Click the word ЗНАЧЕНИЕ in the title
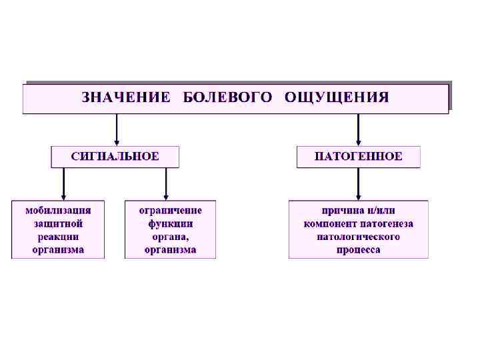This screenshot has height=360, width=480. click(x=125, y=97)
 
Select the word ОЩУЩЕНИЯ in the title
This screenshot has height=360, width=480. click(x=337, y=97)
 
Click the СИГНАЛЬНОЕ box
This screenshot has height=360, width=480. click(x=115, y=157)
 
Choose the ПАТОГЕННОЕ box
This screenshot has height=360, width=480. click(x=359, y=157)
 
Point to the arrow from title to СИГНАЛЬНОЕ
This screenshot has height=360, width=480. click(x=117, y=129)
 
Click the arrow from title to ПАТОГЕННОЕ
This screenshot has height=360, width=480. click(x=359, y=129)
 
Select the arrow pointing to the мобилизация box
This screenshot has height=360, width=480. click(x=63, y=183)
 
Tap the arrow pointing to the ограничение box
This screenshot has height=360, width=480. click(x=166, y=183)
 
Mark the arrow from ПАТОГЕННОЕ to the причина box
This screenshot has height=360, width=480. click(x=359, y=183)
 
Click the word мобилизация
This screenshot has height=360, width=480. click(x=59, y=209)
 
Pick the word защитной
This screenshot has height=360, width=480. click(x=59, y=223)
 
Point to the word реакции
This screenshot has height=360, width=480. click(x=59, y=236)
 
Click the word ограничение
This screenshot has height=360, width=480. click(x=171, y=209)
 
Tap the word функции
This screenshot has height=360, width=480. click(x=171, y=223)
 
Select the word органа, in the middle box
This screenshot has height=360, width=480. click(x=171, y=236)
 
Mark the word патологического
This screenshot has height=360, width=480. click(x=359, y=236)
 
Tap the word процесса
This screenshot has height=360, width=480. click(x=359, y=249)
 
